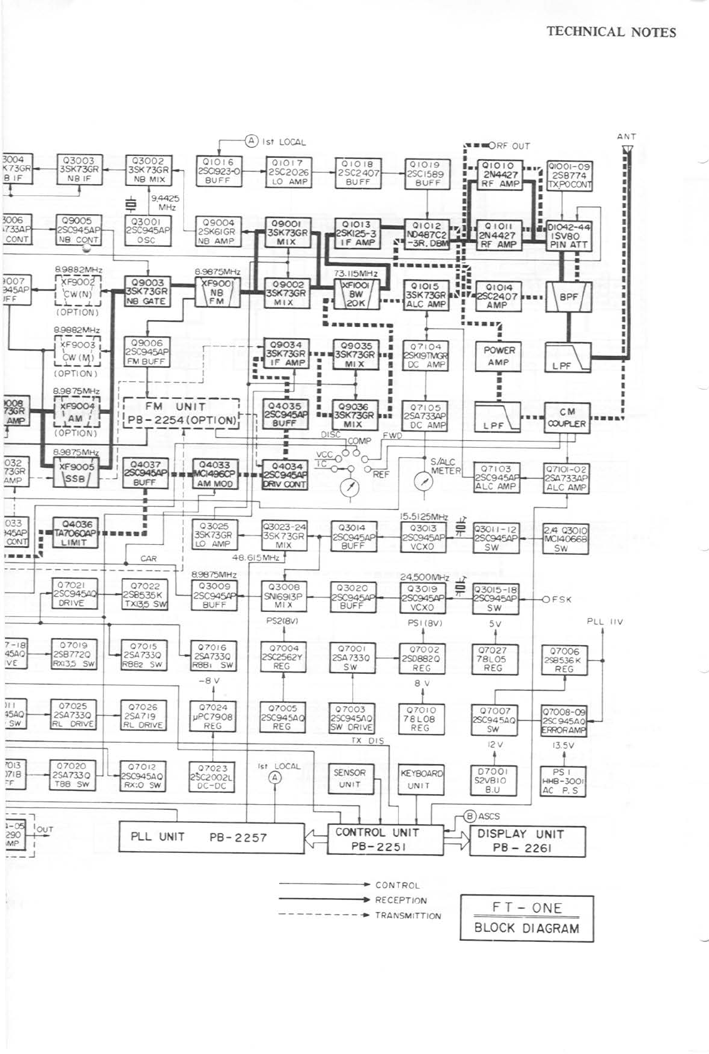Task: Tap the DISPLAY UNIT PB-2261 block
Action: pos(527,840)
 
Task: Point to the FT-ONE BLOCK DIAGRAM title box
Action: pos(526,917)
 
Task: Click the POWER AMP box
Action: pos(498,356)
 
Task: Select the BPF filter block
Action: pos(568,297)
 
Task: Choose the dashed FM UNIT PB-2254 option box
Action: pos(181,413)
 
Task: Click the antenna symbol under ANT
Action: pos(627,150)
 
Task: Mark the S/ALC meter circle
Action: pos(424,481)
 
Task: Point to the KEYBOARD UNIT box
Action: pos(421,778)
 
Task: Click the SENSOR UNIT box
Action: pos(349,778)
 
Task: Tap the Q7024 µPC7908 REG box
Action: pos(213,716)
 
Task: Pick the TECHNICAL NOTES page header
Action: pos(611,32)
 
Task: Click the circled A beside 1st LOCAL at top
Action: pos(251,141)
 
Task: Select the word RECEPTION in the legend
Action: pos(400,900)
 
